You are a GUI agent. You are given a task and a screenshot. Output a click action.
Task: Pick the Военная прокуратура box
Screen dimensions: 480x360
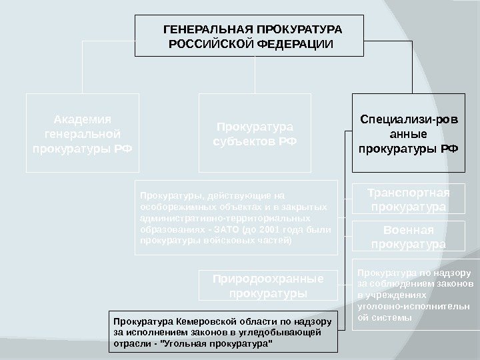click(x=409, y=237)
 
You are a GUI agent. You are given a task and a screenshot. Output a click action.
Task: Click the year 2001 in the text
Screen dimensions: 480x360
click(x=263, y=229)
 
